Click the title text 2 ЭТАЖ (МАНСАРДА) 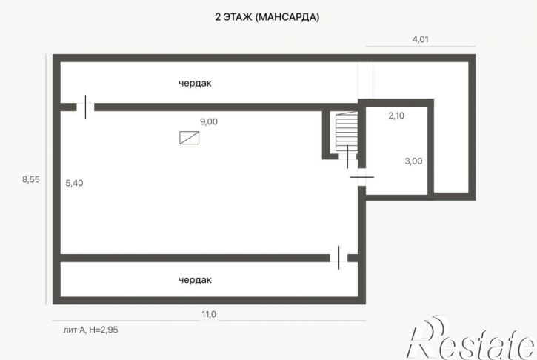tap(267, 17)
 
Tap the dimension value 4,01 tap(420, 39)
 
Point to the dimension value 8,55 tap(31, 179)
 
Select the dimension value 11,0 tap(209, 314)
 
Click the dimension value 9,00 tap(209, 121)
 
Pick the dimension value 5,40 tap(74, 183)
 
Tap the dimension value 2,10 tap(396, 116)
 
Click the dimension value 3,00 tap(413, 161)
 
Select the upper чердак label tap(195, 83)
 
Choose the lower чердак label tap(195, 280)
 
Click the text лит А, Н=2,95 tap(91, 330)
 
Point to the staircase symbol tap(346, 132)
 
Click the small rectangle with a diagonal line tap(190, 138)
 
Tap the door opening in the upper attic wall tap(85, 107)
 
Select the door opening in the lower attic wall tap(338, 258)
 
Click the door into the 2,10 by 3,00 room tap(361, 177)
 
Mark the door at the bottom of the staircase tap(348, 156)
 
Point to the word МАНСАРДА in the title tap(287, 17)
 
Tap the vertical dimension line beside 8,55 tap(46, 179)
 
